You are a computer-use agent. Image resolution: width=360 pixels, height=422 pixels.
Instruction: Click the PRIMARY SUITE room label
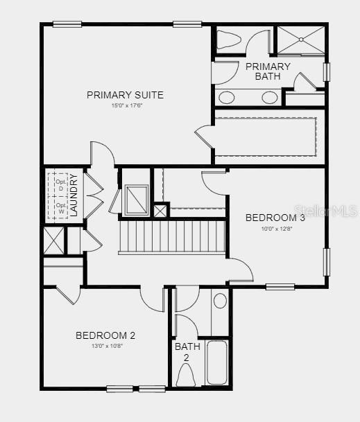pos(125,95)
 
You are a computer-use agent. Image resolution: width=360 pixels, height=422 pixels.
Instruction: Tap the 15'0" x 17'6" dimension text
pos(125,106)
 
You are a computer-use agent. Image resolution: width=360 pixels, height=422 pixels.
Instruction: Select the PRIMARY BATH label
pos(268,71)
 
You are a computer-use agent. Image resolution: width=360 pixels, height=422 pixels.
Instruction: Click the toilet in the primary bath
pos(228,40)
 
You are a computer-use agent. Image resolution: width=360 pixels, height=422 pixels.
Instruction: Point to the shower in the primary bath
pos(300,39)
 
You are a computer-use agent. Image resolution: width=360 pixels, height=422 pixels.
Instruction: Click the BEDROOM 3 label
pos(275,218)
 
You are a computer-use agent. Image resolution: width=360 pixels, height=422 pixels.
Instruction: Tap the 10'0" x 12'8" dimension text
pos(275,229)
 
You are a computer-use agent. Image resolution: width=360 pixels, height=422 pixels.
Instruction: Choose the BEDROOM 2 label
pos(105,335)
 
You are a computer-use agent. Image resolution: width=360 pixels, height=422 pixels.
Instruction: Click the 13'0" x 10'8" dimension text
pos(105,346)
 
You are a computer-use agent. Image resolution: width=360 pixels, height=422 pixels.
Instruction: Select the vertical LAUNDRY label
pos(74,195)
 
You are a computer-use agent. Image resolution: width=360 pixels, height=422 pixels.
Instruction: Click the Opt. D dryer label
pos(60,185)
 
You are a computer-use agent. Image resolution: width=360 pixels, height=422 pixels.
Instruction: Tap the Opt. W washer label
pos(60,209)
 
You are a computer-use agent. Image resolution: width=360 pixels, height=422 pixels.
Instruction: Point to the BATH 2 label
pos(186,351)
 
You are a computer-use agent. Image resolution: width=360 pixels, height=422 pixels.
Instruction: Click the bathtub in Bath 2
pos(217,362)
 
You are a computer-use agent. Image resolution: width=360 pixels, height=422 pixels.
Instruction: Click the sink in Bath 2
pos(220,301)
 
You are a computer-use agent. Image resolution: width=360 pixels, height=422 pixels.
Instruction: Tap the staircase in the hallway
pos(173,236)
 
